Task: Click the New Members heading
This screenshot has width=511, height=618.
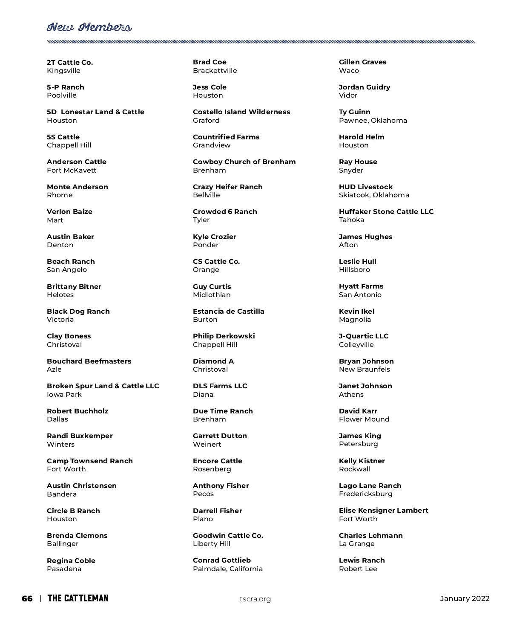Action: coord(89,28)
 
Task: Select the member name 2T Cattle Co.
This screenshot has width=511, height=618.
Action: coord(70,63)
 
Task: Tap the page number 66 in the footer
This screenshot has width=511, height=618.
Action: coord(27,598)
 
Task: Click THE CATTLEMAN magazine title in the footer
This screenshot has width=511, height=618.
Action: coord(78,598)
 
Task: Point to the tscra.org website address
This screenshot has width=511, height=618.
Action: coord(255,599)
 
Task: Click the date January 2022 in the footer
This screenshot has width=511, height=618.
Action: coord(465,598)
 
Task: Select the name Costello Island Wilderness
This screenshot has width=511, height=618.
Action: coord(241,112)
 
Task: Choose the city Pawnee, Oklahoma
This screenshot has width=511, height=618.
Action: coord(373,121)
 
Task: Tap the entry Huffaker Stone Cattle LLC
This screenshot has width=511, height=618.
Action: coord(386,212)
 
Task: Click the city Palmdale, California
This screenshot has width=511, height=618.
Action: coord(228,569)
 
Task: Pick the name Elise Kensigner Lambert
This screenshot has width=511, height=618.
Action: coord(384,511)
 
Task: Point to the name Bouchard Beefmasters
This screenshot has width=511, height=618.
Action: coord(89,361)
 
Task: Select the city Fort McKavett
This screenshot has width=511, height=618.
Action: coord(72,170)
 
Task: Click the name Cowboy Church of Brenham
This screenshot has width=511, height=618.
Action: coord(244,162)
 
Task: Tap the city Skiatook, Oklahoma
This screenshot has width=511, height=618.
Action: coord(374,195)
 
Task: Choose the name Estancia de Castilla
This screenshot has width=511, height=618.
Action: coord(229,312)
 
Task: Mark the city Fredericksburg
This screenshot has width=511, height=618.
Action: coord(366,494)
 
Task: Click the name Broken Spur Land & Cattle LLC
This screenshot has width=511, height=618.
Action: coord(103,386)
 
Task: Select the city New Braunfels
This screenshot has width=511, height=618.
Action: coord(365,370)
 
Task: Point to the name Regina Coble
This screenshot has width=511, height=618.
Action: coord(71,561)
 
